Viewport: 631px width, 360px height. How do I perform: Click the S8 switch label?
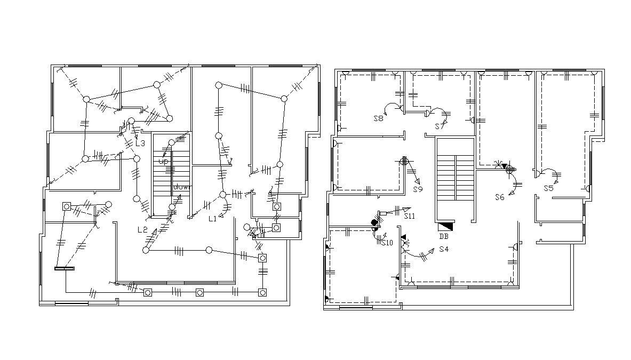(378, 119)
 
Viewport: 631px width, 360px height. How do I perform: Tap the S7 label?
(440, 126)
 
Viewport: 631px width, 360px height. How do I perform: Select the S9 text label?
(418, 189)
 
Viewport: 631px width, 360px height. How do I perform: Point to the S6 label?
(499, 197)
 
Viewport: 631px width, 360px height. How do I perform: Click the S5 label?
(548, 188)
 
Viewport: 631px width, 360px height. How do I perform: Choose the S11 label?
(409, 216)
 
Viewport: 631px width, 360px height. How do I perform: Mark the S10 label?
(387, 242)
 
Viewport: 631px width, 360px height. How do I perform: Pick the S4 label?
(444, 249)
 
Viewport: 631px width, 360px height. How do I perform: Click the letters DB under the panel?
(444, 237)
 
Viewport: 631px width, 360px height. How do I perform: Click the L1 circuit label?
(212, 218)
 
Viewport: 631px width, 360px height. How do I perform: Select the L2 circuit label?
(142, 230)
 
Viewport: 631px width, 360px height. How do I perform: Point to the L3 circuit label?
(140, 143)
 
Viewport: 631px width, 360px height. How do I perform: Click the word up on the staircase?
(163, 161)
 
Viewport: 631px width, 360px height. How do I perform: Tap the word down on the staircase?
(182, 187)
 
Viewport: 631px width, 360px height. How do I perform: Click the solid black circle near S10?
(374, 222)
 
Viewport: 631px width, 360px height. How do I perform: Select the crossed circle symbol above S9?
(404, 161)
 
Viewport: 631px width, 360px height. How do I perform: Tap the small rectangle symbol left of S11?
(382, 213)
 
